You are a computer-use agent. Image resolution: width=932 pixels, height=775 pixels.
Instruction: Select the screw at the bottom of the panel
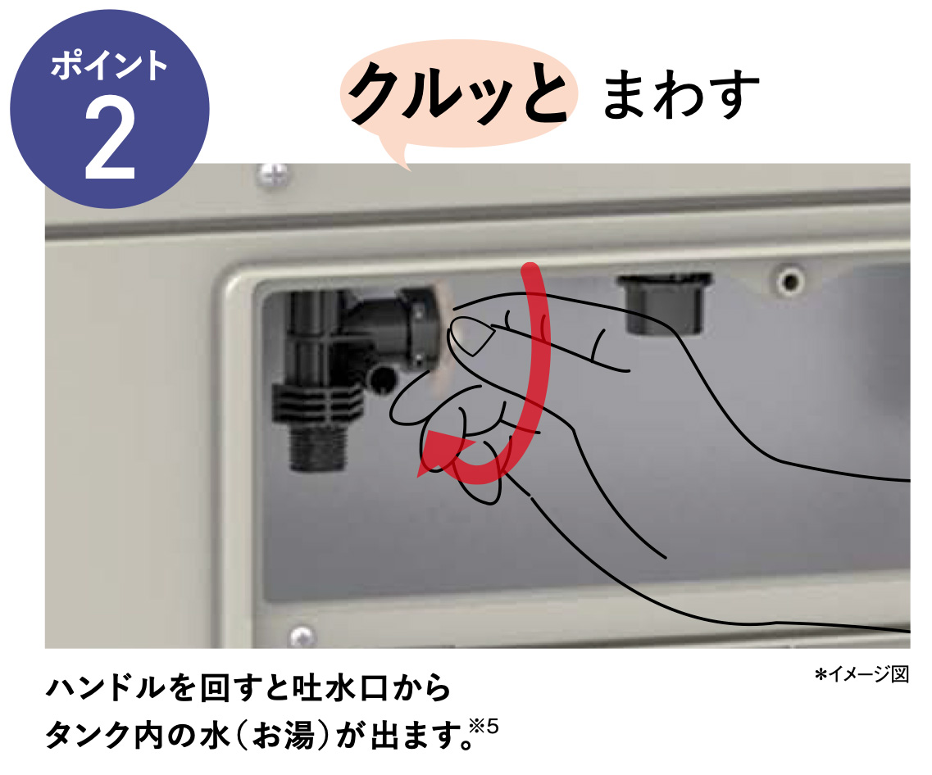tap(302, 634)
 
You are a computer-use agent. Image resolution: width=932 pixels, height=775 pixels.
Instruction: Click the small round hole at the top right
tap(790, 282)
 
